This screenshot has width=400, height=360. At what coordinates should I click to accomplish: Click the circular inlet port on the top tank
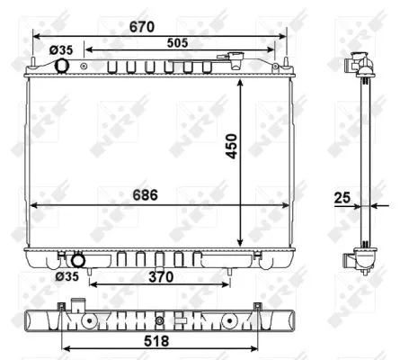[x=64, y=67]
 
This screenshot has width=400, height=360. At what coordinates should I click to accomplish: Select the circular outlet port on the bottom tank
[x=78, y=261]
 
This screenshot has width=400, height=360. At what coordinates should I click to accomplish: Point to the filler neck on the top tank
[x=236, y=60]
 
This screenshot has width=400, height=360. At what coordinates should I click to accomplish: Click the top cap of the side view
[x=359, y=65]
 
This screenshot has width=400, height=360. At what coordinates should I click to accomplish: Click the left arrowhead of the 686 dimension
[x=34, y=204]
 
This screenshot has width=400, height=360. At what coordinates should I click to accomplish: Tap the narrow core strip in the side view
[x=366, y=162]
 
